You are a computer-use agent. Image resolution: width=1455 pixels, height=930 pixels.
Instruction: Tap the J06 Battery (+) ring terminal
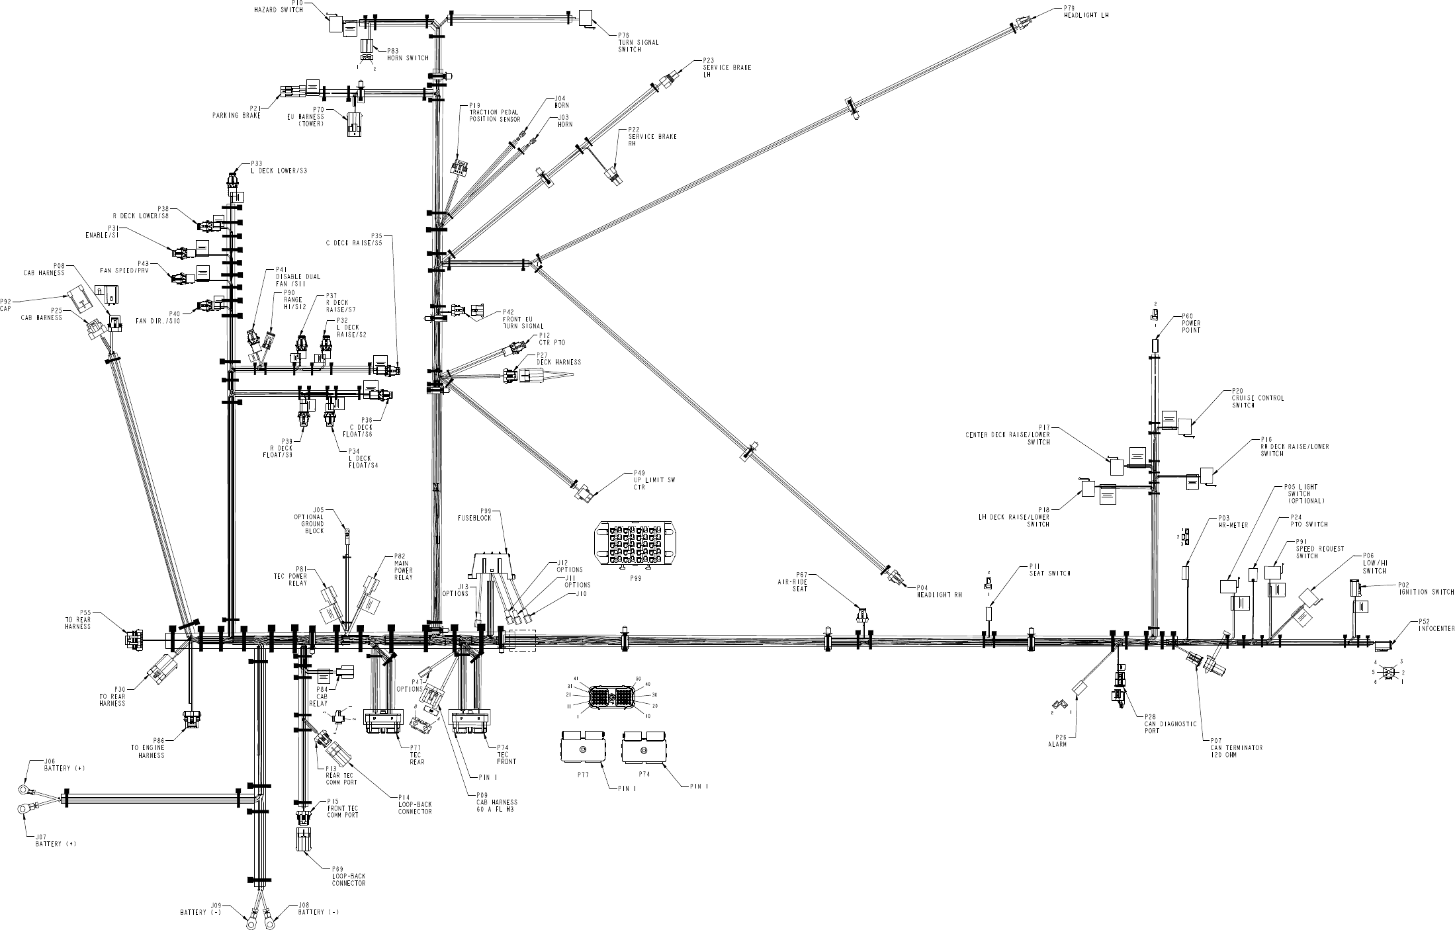[x=24, y=788]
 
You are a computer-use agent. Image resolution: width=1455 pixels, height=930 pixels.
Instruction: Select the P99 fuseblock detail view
[x=637, y=544]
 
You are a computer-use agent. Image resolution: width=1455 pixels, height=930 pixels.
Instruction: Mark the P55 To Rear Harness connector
[x=133, y=639]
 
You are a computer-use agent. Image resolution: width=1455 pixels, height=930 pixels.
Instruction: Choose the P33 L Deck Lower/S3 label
[x=278, y=167]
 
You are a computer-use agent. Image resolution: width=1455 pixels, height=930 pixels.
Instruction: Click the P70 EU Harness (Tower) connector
[x=355, y=124]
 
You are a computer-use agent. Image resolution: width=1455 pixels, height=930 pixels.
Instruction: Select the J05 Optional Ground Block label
[x=309, y=520]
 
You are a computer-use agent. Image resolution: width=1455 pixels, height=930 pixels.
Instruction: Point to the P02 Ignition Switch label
[x=1426, y=589]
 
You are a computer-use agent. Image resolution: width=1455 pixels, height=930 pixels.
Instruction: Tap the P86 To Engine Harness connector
[x=191, y=718]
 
